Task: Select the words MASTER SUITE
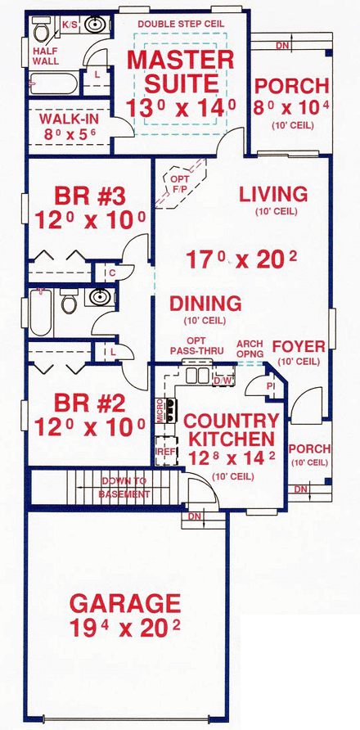point(180,71)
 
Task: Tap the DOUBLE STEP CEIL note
point(179,24)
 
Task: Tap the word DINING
point(205,304)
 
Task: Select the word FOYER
point(299,345)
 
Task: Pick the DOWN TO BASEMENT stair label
point(124,488)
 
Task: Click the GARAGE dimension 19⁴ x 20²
point(124,632)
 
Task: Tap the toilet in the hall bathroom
point(69,302)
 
